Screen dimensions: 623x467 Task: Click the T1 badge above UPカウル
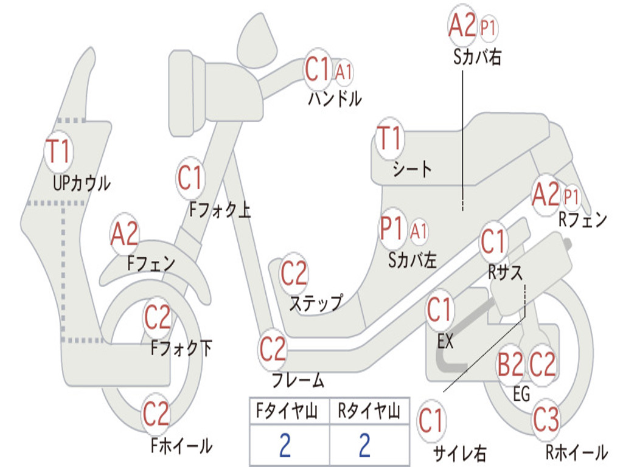(59, 151)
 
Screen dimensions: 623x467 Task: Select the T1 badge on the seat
(389, 139)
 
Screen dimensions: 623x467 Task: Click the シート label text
(412, 169)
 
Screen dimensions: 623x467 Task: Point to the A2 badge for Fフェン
(125, 234)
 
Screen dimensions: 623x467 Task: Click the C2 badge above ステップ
(294, 274)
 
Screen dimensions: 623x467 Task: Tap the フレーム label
(298, 381)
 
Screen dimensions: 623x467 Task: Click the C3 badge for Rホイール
(546, 419)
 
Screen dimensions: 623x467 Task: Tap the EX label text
(445, 342)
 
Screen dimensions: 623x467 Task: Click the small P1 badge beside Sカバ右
(489, 27)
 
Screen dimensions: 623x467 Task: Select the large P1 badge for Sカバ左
(391, 230)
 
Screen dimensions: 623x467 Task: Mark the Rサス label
(506, 273)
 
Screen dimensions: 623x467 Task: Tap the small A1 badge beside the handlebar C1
(344, 72)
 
